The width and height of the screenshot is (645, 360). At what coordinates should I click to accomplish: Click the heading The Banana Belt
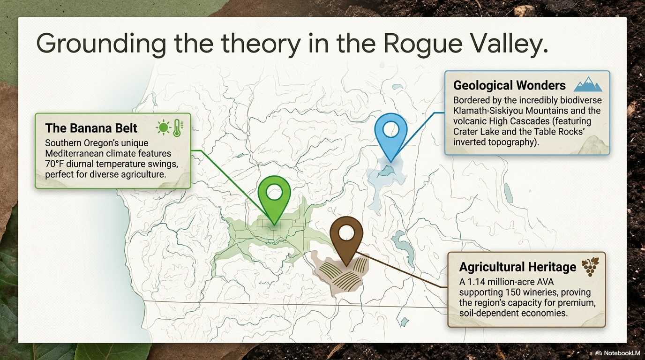pyautogui.click(x=91, y=128)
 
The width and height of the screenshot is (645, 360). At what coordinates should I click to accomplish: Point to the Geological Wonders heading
pyautogui.click(x=510, y=85)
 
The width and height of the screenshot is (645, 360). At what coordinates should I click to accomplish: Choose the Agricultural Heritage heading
pyautogui.click(x=517, y=267)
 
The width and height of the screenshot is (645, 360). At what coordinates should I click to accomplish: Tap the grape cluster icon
pyautogui.click(x=590, y=267)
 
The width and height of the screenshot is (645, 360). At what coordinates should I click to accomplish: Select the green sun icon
pyautogui.click(x=163, y=127)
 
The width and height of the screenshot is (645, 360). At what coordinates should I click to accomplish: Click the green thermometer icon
pyautogui.click(x=178, y=128)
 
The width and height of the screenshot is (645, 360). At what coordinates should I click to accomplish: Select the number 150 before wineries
pyautogui.click(x=512, y=292)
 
